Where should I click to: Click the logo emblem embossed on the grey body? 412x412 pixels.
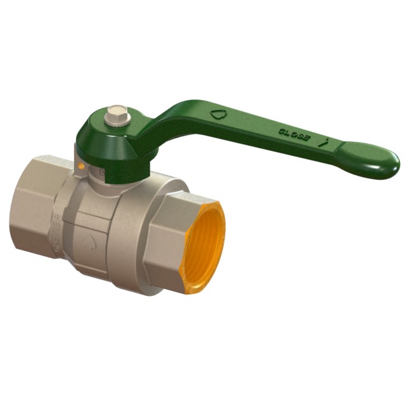[93, 241]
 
